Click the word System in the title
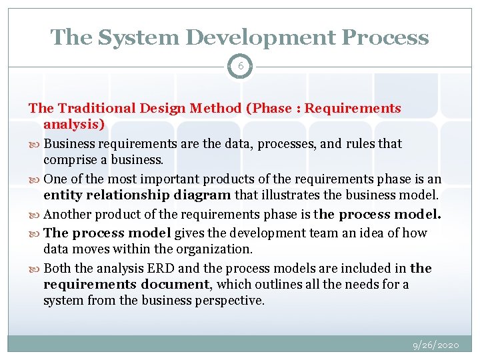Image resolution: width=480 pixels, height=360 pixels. tap(129, 37)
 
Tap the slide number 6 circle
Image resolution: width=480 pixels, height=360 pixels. tap(240, 66)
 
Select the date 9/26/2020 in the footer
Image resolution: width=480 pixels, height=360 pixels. tap(435, 345)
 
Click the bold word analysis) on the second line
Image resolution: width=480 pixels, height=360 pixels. tap(74, 125)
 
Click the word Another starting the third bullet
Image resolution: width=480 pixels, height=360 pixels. tap(70, 215)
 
